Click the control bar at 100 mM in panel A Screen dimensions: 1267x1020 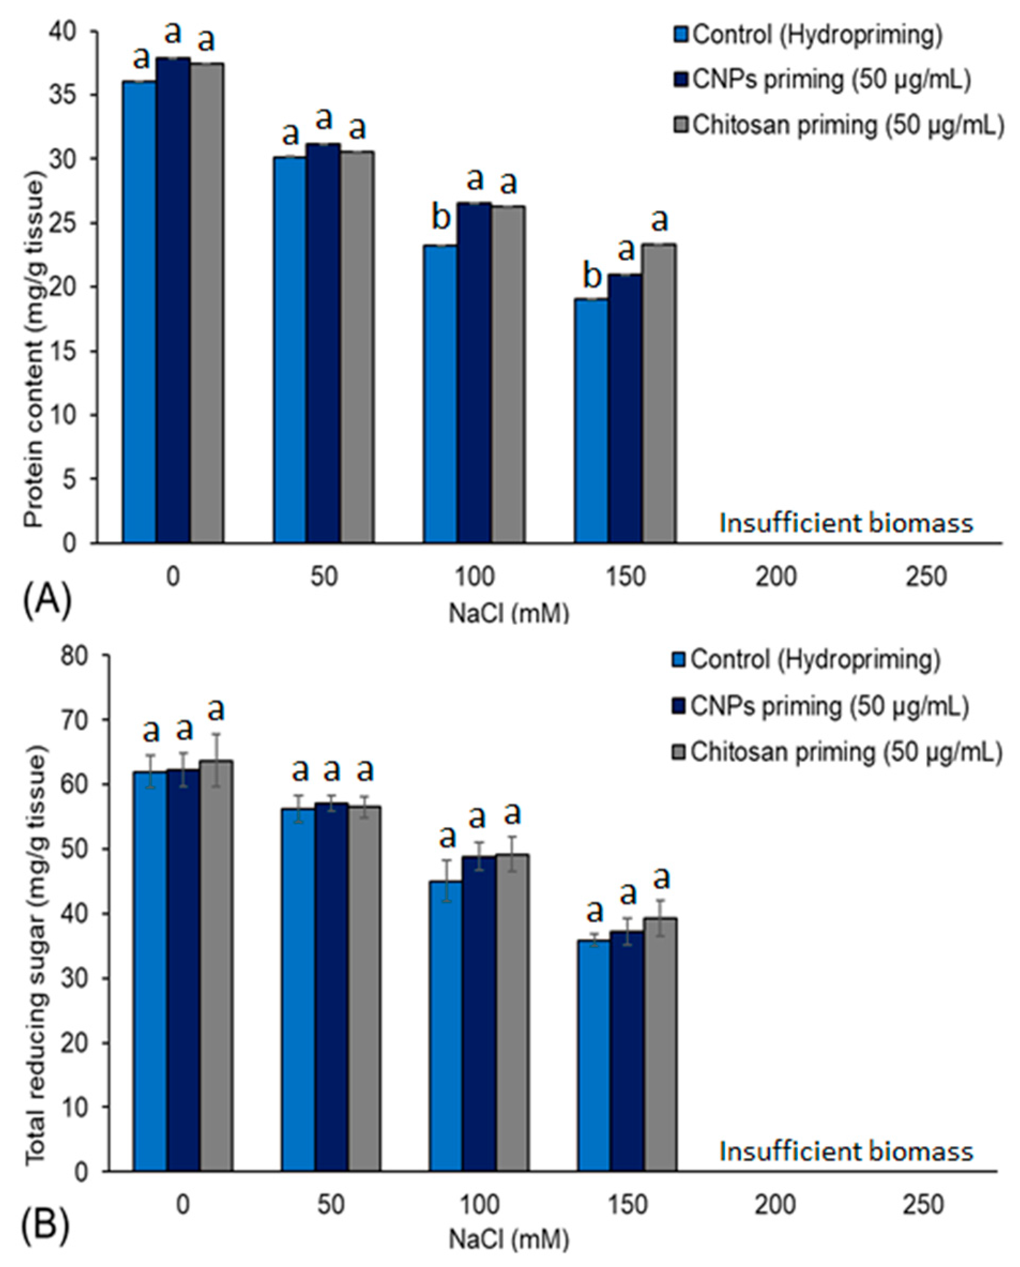[440, 394]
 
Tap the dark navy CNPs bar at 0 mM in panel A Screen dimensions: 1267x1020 [173, 300]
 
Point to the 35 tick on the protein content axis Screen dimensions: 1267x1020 [71, 95]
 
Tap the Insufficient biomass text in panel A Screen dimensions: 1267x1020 [846, 522]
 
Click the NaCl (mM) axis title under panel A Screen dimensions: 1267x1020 [509, 613]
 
